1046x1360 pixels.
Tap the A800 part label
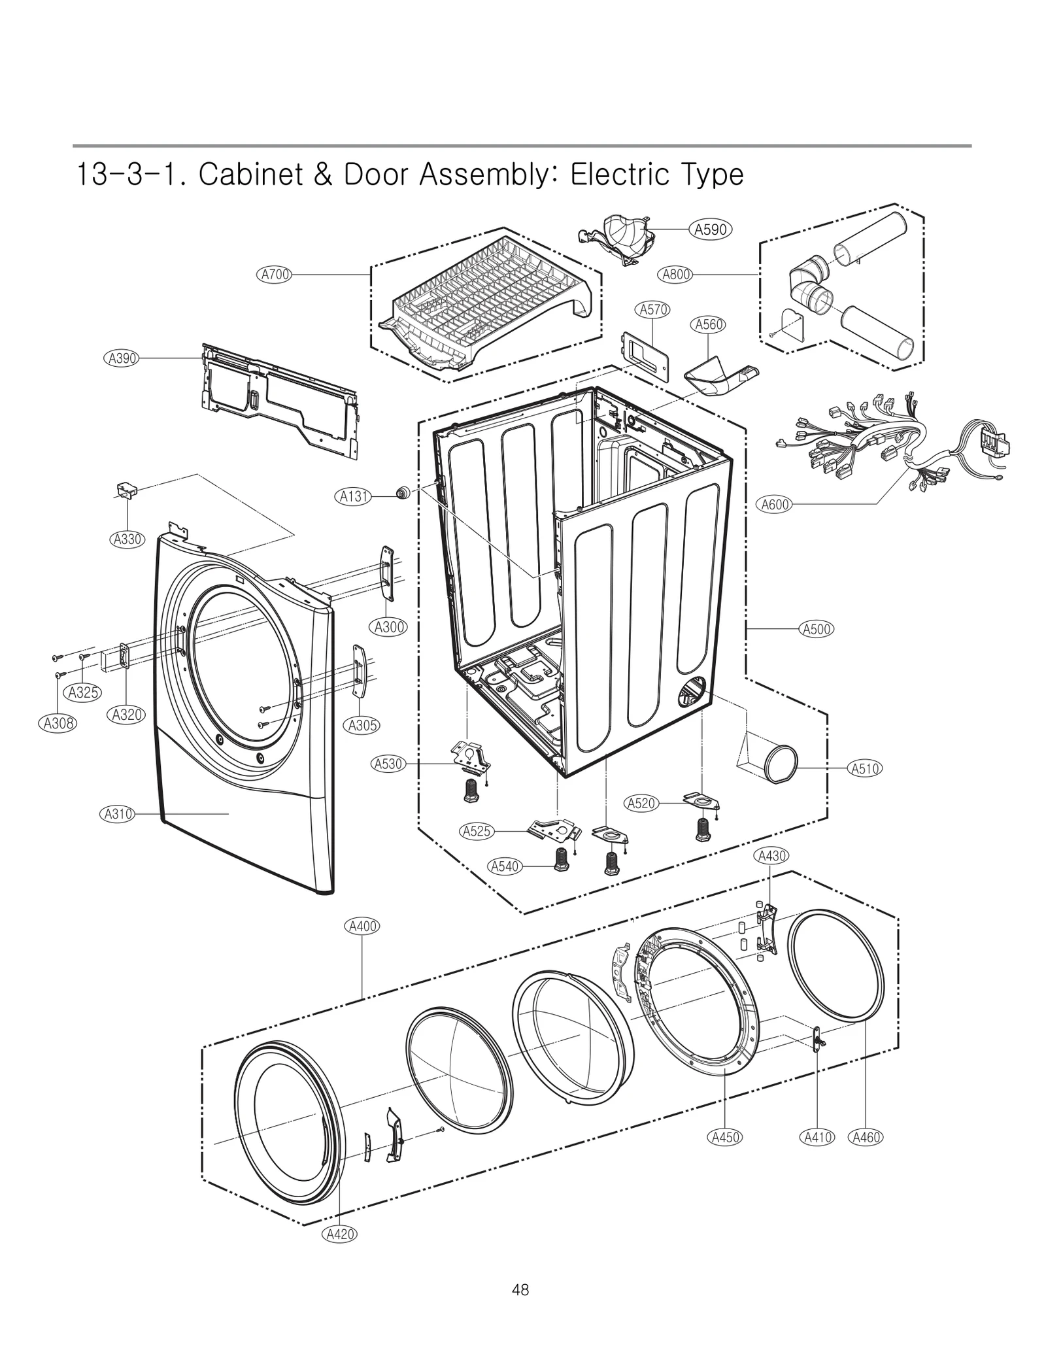[676, 275]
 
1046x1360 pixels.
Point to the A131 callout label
[354, 496]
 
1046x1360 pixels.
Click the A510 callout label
[864, 769]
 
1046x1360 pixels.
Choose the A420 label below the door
[340, 1234]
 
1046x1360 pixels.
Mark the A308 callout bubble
[58, 723]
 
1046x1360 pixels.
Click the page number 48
[520, 1290]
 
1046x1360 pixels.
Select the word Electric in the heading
[627, 175]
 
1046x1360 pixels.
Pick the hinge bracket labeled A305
[359, 671]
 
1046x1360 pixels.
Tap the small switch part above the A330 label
[126, 490]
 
